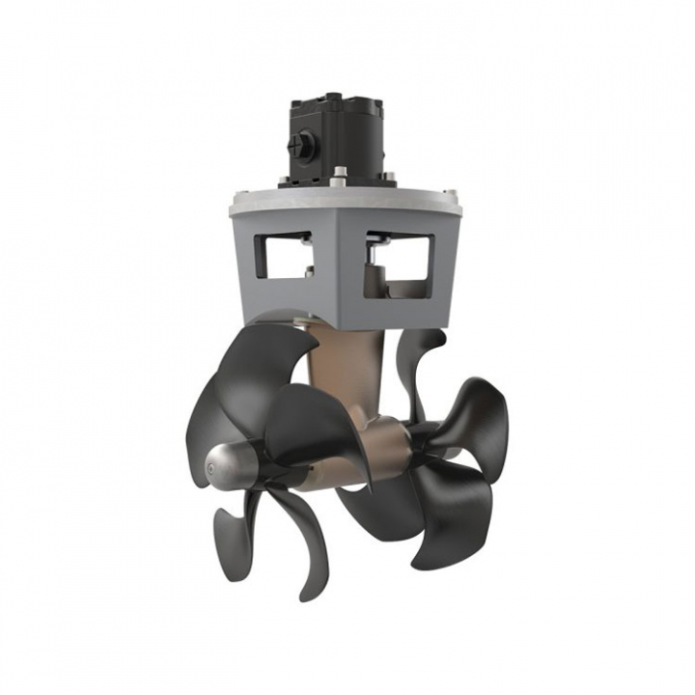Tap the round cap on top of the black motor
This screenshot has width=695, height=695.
334,97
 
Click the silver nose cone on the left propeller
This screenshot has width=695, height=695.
221,467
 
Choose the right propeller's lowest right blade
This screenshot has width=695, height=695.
454,526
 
